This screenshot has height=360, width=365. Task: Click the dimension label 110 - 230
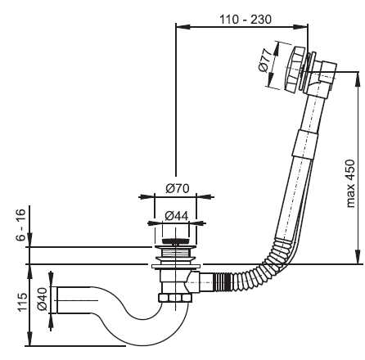246,20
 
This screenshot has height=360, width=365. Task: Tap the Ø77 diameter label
265,61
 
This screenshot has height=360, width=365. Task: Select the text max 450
350,183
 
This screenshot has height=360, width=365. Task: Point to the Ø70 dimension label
178,188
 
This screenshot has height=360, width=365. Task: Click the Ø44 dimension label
177,216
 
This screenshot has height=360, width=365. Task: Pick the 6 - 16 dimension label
21,225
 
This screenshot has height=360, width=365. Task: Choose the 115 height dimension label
22,302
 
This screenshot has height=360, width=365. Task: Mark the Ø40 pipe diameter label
43,299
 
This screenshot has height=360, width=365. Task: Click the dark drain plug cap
175,241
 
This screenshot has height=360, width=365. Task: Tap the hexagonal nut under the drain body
175,298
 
